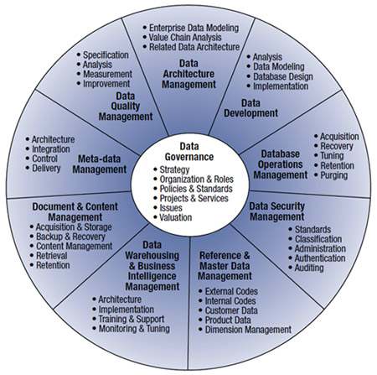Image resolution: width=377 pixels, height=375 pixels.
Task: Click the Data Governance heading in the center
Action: click(189, 152)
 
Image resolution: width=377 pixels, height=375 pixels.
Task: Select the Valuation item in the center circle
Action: click(176, 217)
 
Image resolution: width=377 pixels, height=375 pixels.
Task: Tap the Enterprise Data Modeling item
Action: click(194, 28)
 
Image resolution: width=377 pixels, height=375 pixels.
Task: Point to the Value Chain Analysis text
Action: click(185, 37)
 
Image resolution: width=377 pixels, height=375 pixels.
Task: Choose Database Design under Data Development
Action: click(283, 76)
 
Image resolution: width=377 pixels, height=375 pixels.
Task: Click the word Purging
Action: click(333, 175)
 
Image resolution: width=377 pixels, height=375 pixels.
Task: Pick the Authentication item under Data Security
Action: click(320, 258)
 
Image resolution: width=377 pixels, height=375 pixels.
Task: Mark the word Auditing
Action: click(309, 268)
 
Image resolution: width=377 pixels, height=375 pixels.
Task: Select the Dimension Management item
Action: click(248, 330)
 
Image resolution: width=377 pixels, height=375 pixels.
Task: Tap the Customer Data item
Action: click(231, 310)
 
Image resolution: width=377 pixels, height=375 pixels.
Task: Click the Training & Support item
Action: click(132, 319)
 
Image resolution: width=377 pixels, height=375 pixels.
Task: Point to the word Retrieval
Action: click(52, 255)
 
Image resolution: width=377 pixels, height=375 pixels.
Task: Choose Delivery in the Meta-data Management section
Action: click(46, 168)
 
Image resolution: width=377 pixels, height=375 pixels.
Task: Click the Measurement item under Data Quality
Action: click(107, 74)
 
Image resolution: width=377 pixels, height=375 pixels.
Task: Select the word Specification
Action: click(106, 55)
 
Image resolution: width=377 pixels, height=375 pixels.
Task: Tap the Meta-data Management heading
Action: click(100, 164)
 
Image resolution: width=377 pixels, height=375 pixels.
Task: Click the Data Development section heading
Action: click(250, 108)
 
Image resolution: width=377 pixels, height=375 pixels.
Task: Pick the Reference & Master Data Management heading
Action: click(225, 266)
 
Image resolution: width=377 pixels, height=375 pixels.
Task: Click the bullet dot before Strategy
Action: click(155, 169)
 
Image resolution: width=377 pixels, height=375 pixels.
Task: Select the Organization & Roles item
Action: click(196, 180)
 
